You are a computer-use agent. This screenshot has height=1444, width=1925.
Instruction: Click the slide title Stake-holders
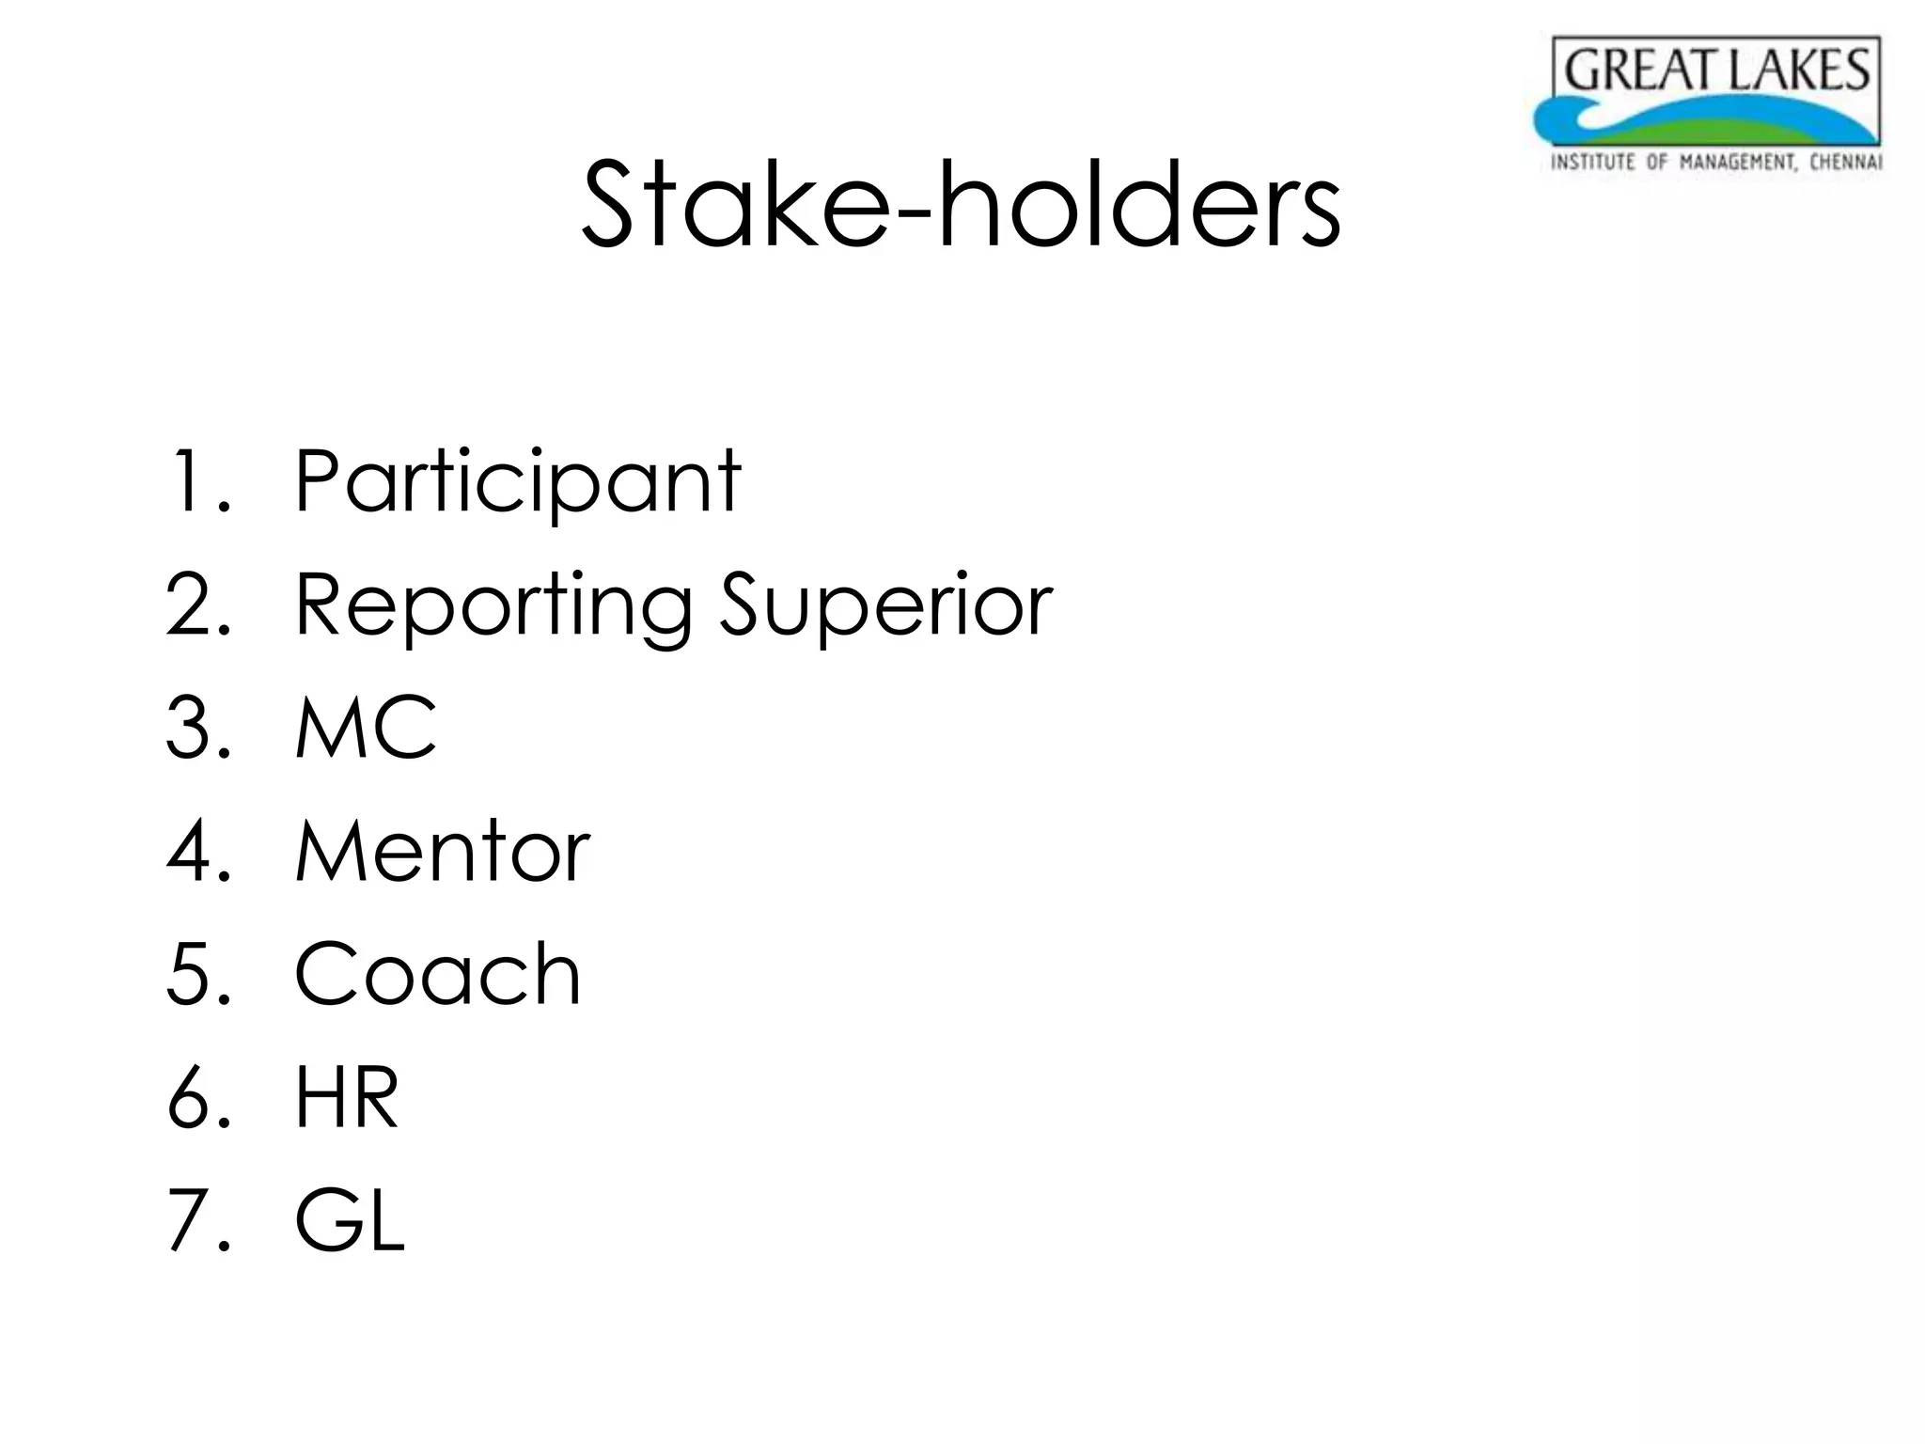pos(961,205)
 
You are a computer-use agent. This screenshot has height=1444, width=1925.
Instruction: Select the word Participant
pos(518,481)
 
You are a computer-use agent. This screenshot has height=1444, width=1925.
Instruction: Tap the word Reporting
pos(493,606)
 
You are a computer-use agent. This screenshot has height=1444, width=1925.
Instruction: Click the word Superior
pos(885,606)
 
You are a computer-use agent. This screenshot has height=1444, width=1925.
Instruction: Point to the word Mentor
pos(443,851)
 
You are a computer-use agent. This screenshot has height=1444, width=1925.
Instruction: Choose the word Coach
pos(438,974)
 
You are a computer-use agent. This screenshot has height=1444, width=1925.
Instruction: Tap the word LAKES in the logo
pos(1801,71)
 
